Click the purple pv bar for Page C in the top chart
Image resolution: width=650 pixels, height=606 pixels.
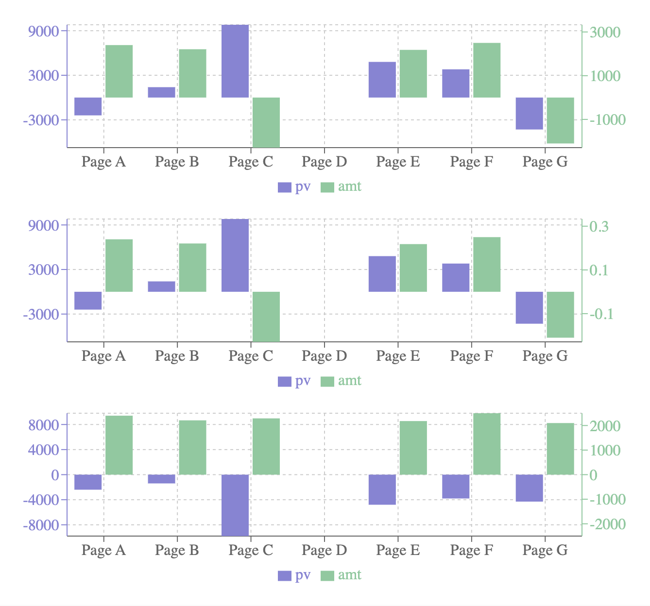click(x=235, y=61)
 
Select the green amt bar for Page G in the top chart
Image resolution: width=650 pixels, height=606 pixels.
click(x=560, y=120)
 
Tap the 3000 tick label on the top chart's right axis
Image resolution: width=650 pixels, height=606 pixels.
click(x=604, y=32)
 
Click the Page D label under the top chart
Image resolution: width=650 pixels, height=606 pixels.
click(x=324, y=162)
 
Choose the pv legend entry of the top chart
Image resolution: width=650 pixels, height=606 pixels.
click(x=294, y=187)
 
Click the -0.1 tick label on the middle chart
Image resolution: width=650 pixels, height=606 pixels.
click(x=601, y=314)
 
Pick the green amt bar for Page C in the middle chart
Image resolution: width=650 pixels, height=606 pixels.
click(x=266, y=317)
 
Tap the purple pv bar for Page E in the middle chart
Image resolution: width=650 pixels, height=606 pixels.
click(x=382, y=274)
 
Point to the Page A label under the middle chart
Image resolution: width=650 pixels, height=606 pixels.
click(x=103, y=356)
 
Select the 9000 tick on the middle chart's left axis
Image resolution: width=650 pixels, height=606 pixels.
click(x=44, y=226)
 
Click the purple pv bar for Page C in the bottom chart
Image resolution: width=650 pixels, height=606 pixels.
click(x=235, y=505)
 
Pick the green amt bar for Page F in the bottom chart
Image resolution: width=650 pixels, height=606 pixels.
click(x=487, y=444)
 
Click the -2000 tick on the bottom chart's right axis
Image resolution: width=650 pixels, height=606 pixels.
click(x=607, y=525)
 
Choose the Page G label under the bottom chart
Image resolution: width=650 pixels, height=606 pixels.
click(x=545, y=550)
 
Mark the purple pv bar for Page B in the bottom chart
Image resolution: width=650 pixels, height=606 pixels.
click(x=161, y=479)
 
